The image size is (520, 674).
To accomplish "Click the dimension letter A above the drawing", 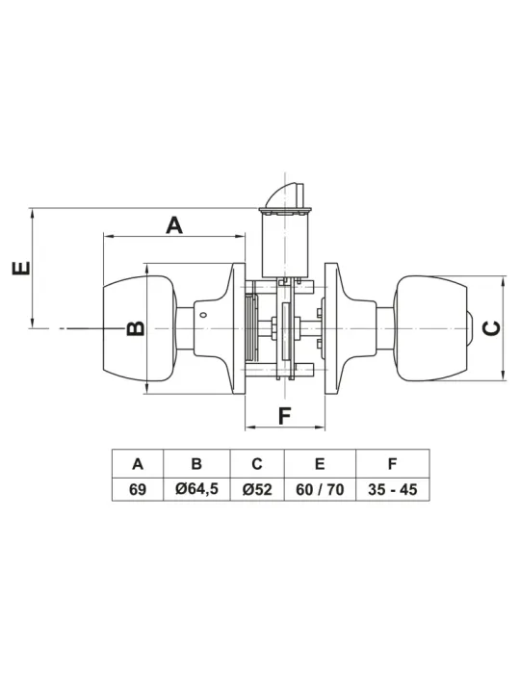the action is [x=174, y=225].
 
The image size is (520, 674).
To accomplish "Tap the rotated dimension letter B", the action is [x=136, y=328].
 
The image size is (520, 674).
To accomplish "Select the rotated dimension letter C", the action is [x=491, y=328].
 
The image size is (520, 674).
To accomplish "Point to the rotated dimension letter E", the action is [x=21, y=268].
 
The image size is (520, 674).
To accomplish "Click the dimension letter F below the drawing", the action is [x=284, y=416].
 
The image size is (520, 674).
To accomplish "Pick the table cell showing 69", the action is [x=138, y=489].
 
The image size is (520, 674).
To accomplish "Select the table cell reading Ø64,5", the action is [x=196, y=489].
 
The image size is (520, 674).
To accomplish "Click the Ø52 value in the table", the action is [x=257, y=489].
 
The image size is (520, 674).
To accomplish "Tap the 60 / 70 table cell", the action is [x=320, y=489].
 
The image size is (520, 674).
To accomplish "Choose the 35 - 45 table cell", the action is [x=392, y=489].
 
